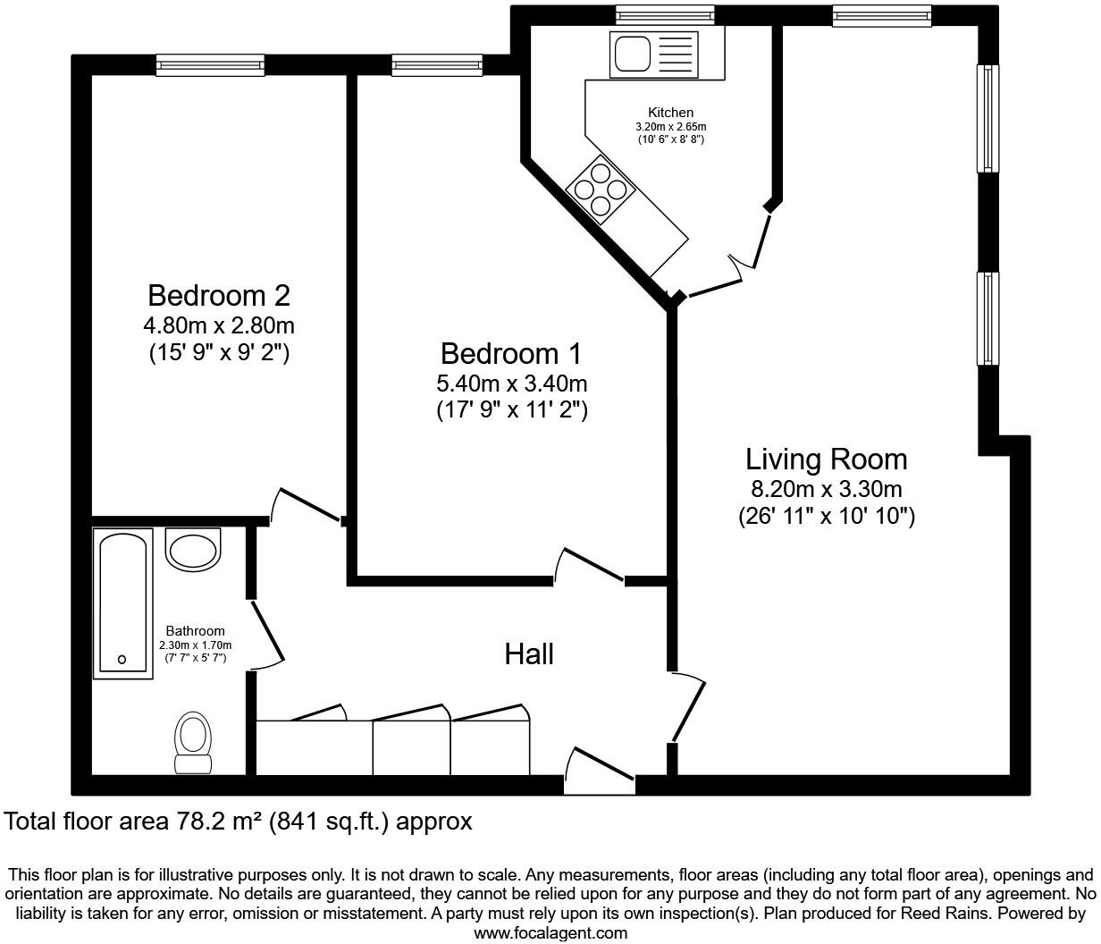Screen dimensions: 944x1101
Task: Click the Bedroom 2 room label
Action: coord(219,295)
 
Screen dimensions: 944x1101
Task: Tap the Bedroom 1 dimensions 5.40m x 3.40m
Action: coord(511,384)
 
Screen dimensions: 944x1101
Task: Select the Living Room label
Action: coord(826,459)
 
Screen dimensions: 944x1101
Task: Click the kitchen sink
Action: coord(633,52)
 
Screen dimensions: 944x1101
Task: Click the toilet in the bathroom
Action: coord(193,740)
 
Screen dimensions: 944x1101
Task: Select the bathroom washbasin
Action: coord(193,550)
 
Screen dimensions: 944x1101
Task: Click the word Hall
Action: coord(529,654)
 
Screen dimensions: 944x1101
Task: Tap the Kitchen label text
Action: coord(670,113)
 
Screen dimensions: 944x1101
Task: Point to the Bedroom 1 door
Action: coord(588,565)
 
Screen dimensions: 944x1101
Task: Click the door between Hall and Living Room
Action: coord(688,706)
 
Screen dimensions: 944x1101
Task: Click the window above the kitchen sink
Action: coord(665,13)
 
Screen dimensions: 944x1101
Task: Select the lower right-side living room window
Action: coord(988,318)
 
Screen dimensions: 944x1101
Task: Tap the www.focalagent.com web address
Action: coord(550,933)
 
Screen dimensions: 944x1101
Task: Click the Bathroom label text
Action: coord(195,631)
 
